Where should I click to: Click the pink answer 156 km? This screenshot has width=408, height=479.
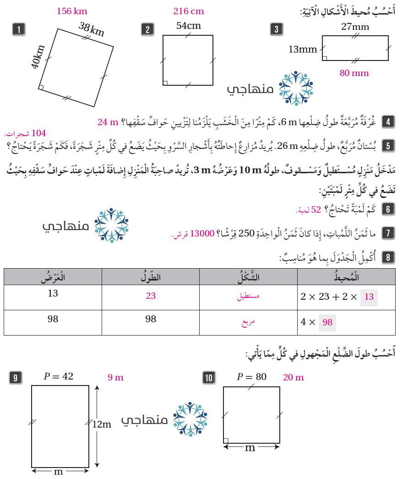tap(72, 11)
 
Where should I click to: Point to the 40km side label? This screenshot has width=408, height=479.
tap(38, 57)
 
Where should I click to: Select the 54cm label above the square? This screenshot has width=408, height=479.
tap(189, 26)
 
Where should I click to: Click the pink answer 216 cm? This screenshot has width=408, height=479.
tap(189, 11)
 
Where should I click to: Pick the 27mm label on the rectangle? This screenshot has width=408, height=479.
tap(355, 27)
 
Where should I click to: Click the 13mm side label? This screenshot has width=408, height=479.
tap(303, 49)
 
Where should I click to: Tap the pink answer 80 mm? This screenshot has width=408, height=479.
tap(354, 73)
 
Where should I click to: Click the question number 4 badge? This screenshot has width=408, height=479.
tap(388, 122)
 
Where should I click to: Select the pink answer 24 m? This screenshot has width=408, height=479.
tap(108, 122)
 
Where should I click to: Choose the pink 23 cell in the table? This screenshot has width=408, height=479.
tap(151, 296)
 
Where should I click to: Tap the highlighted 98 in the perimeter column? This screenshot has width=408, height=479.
tap(327, 322)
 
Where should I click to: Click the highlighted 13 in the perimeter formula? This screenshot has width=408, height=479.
tap(369, 297)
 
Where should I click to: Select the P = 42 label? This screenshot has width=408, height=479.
tap(59, 377)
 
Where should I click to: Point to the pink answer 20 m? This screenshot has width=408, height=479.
tap(294, 378)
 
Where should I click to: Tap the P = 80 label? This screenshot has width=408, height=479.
tap(251, 377)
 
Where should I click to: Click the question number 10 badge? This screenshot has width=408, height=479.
tap(209, 378)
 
